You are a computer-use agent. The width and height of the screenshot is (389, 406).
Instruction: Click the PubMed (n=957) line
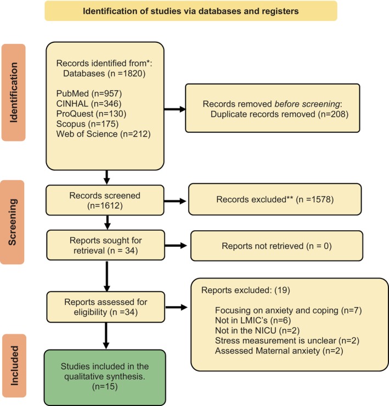[x=89, y=93]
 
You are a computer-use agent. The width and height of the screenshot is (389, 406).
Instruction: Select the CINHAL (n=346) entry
[x=89, y=104]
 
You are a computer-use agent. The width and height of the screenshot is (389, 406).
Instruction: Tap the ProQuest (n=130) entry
[x=91, y=114]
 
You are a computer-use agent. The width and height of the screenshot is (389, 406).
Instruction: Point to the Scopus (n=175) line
[x=87, y=124]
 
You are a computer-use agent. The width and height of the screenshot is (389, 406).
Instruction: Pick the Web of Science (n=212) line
[x=103, y=134]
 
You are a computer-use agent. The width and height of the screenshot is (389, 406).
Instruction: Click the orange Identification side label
[x=14, y=92]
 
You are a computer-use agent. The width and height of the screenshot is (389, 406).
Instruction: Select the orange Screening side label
[x=12, y=222]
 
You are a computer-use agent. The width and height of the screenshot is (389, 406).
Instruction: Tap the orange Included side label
[x=14, y=365]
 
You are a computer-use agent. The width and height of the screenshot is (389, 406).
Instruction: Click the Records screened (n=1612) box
[x=105, y=200]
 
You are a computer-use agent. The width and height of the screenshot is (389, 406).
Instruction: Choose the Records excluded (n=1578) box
[x=275, y=199]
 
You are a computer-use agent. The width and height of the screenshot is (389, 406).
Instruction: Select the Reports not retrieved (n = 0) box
[x=277, y=246]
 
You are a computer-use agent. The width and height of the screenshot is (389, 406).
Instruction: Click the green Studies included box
[x=105, y=377]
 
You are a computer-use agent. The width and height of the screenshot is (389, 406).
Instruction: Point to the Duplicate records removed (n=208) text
[x=279, y=114]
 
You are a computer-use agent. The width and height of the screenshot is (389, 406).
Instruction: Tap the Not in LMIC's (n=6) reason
[x=253, y=320]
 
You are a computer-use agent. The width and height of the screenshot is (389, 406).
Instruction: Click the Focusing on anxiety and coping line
[x=289, y=310]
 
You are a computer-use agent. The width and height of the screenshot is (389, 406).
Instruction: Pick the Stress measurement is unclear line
[x=287, y=341]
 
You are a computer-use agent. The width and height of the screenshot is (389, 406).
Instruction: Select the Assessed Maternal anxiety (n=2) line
[x=279, y=351]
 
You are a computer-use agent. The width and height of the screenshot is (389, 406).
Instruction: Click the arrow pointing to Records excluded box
[x=175, y=201]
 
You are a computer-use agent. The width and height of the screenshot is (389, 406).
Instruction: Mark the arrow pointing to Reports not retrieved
[x=176, y=246]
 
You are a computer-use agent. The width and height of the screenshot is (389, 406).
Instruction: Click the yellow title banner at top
[x=191, y=11]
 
